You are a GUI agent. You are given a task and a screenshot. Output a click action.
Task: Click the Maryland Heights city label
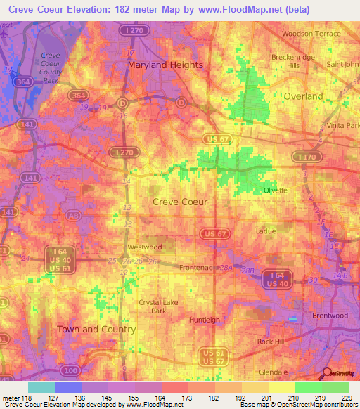[165, 65]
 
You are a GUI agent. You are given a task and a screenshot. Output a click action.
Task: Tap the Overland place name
[303, 96]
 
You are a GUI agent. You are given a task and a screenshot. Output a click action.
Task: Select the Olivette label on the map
[275, 190]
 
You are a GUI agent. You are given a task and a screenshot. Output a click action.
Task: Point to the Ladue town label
[266, 231]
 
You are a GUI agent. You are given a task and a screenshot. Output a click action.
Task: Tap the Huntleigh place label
[205, 320]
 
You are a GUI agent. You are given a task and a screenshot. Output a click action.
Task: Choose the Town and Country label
[86, 329]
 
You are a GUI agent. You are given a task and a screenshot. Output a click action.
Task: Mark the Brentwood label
[330, 316]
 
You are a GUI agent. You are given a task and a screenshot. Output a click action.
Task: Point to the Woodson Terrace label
[311, 34]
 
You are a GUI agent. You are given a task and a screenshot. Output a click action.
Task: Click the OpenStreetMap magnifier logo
[328, 375]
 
